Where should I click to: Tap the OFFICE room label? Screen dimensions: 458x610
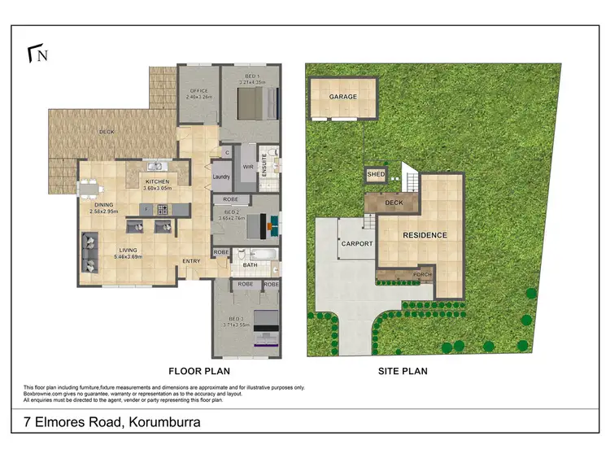pos(198,91)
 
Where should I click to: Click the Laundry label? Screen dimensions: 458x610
pos(221,176)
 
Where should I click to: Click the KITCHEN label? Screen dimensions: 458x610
pos(156,181)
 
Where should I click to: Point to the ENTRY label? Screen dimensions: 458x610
pos(191,260)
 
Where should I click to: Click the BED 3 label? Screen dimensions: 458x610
pos(237,319)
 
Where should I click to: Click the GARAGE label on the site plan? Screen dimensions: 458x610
pos(343,97)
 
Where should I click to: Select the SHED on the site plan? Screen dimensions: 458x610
pos(375,174)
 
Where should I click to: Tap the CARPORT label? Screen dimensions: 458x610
pos(356,243)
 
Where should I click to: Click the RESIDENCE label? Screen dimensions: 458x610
pos(425,235)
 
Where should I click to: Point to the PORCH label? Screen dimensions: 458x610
pos(422,275)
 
